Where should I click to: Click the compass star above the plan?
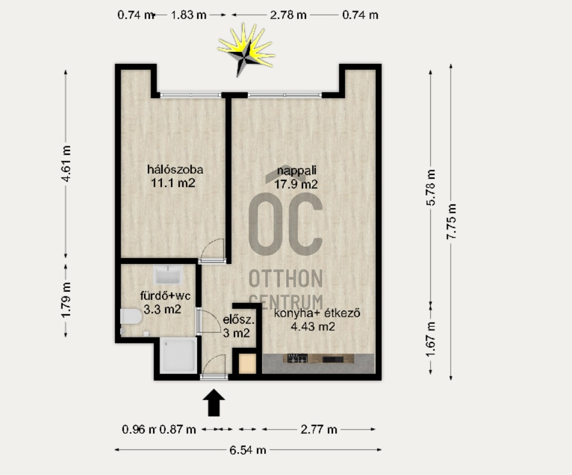[246, 50]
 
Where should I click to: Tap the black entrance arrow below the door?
[214, 403]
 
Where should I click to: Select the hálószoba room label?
[175, 170]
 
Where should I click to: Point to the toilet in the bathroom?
[130, 317]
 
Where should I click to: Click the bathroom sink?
[167, 274]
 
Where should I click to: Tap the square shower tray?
[179, 355]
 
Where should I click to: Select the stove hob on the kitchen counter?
[297, 358]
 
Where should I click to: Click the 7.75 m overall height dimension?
[452, 222]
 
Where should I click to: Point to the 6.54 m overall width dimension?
[247, 450]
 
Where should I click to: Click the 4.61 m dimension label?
[66, 163]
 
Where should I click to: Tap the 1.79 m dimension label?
[66, 300]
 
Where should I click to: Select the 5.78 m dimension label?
[431, 188]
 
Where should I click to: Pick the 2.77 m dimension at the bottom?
[319, 430]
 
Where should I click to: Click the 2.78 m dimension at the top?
[288, 15]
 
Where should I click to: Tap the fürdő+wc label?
[165, 295]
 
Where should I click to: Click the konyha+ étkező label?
[317, 313]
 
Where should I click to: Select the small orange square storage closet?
[247, 364]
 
